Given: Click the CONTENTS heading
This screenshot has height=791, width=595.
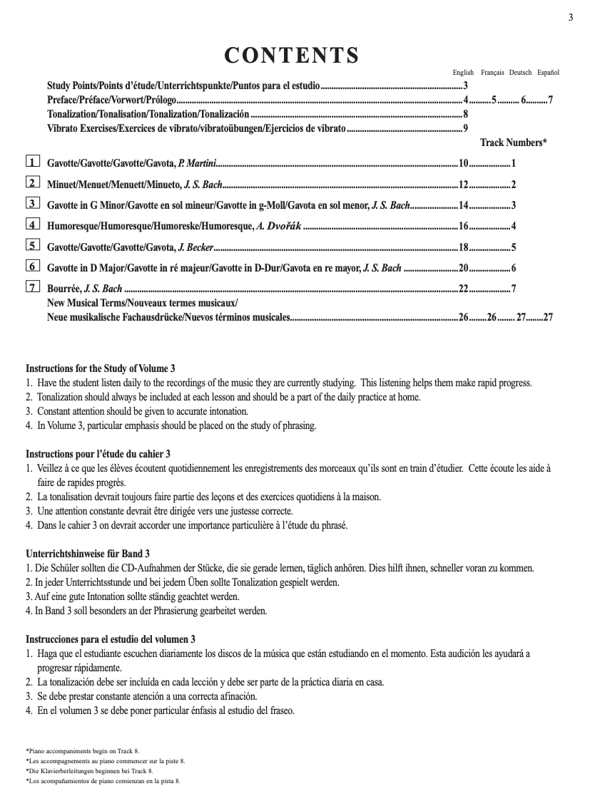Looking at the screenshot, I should tap(292, 55).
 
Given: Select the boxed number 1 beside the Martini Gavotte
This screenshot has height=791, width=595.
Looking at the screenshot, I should tap(32, 162).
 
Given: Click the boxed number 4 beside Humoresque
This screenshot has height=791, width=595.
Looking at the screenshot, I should tap(32, 225).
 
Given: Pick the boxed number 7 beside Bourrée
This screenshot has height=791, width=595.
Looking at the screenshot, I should tap(32, 288).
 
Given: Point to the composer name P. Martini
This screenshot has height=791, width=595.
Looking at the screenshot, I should tap(197, 164).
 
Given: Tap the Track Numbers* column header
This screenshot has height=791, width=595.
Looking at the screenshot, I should tap(514, 143).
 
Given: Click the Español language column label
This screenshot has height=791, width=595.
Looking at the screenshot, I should tap(548, 73).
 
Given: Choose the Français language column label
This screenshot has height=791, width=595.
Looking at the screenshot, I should tap(492, 73).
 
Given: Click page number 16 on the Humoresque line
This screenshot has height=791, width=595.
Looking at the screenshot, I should tap(462, 227).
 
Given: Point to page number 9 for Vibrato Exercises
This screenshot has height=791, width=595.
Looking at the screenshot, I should tap(465, 128).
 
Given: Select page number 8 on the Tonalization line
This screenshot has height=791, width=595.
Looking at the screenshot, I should tap(465, 114).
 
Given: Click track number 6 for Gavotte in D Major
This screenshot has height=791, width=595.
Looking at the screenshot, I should tap(514, 269).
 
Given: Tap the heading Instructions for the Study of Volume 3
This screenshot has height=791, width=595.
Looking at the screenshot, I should tap(101, 368).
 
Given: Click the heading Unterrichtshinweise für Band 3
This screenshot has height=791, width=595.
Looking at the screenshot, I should tap(88, 554).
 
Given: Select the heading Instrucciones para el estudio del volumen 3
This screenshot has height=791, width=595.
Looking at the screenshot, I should tap(111, 639).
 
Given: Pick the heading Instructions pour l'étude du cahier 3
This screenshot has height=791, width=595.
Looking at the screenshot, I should tap(98, 454).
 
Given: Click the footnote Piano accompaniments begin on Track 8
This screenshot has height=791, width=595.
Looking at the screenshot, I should tap(83, 751).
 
